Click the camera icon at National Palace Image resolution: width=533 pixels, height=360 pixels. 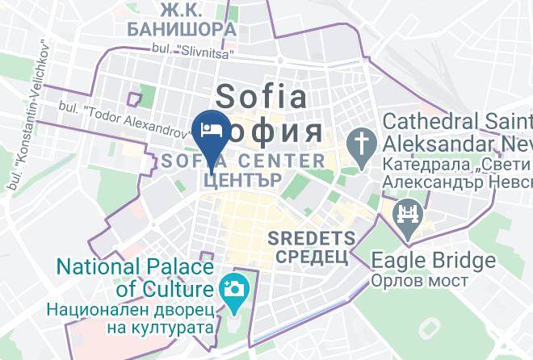click(233, 287)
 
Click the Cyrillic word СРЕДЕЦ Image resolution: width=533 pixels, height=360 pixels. click(312, 257)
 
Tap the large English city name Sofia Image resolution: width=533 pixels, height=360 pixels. click(262, 97)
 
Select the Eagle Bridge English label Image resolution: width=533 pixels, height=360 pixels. click(433, 261)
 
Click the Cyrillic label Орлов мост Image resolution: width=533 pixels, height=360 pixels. click(420, 280)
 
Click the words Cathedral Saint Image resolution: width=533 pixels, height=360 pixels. click(457, 122)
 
